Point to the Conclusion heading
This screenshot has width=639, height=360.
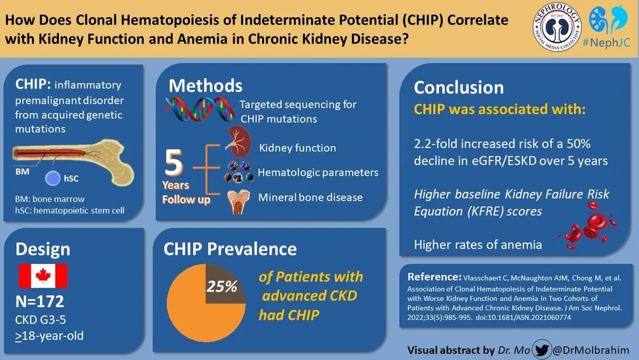point(459,88)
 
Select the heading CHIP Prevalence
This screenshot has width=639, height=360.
point(231,249)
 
